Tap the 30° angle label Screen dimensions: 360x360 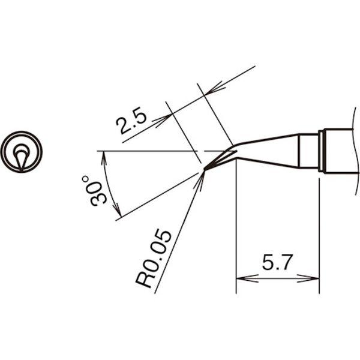[x=97, y=191]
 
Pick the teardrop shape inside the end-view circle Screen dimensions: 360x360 [x=22, y=157]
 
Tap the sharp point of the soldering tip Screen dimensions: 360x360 [x=205, y=170]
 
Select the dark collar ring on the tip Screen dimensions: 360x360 [x=323, y=151]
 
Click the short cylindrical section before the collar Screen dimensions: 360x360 [x=308, y=152]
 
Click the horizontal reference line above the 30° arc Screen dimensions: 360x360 [x=150, y=150]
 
